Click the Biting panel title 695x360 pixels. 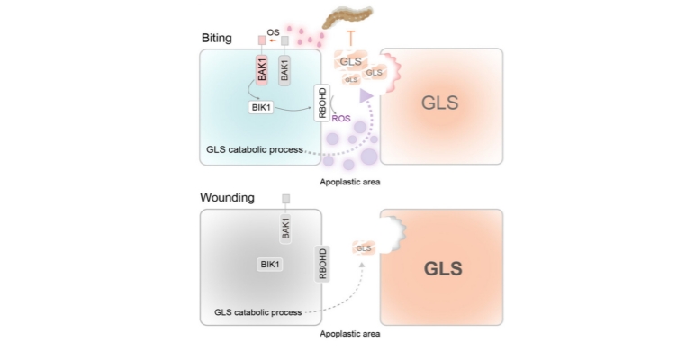point(216,39)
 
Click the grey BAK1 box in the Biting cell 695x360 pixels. point(285,71)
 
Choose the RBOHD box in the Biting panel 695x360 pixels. point(322,103)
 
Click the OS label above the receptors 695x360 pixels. point(273,32)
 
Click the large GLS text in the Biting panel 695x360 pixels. point(440,103)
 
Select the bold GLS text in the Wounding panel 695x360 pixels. point(442,268)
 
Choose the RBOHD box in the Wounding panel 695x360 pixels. point(322,263)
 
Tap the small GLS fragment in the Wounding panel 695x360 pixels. point(364,247)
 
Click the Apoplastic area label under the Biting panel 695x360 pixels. point(350,181)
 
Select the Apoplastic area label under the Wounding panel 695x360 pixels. point(350,334)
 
